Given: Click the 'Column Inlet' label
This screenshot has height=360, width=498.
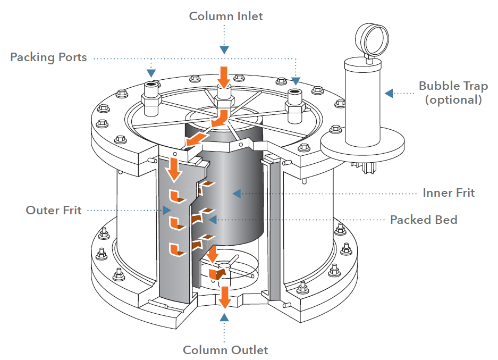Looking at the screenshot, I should [x=226, y=16].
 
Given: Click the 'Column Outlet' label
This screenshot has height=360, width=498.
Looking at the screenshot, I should [x=225, y=350].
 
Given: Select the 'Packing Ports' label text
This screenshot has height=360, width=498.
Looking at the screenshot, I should [x=48, y=57].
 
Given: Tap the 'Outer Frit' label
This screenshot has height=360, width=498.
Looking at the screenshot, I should [x=54, y=210].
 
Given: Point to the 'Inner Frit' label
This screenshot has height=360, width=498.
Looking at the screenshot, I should [x=449, y=192].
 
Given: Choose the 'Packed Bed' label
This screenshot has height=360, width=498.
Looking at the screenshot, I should [x=424, y=220].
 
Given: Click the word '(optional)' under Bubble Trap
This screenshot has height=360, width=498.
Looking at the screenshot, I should [x=453, y=99].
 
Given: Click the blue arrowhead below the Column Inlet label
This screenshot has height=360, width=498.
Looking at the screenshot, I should [x=225, y=49].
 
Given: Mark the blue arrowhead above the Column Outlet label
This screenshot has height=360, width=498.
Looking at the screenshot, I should [x=225, y=317].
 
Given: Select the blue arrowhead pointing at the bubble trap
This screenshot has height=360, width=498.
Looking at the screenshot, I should [x=390, y=93].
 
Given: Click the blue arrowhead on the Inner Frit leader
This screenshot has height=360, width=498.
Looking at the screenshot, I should [x=237, y=192].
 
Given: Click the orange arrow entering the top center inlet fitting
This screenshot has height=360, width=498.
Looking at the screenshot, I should [x=224, y=77].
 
